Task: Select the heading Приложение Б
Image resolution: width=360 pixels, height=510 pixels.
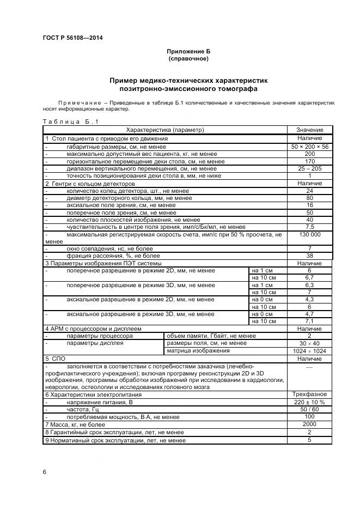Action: pyautogui.click(x=188, y=51)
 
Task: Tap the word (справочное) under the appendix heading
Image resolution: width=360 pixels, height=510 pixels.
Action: pyautogui.click(x=188, y=58)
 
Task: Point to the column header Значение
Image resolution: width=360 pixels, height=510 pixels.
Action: pyautogui.click(x=309, y=130)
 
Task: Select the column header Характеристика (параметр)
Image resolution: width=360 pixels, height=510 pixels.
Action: pyautogui.click(x=164, y=130)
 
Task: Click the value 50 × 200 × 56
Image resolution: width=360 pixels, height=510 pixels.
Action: pyautogui.click(x=309, y=147)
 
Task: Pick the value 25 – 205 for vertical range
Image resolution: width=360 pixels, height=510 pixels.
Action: pyautogui.click(x=309, y=169)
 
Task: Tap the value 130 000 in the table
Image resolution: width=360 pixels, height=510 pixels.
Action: pyautogui.click(x=309, y=234)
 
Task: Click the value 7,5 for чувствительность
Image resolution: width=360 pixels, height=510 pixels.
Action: pyautogui.click(x=309, y=227)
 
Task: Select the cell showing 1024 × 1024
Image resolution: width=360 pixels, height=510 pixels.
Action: pyautogui.click(x=309, y=351)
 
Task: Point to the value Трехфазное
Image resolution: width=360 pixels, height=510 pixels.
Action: pyautogui.click(x=309, y=394)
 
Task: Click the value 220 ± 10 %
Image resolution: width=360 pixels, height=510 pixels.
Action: pyautogui.click(x=309, y=402)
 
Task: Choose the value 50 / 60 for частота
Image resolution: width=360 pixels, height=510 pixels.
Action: pyautogui.click(x=309, y=409)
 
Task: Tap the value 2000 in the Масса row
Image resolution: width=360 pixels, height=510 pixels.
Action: pyautogui.click(x=309, y=424)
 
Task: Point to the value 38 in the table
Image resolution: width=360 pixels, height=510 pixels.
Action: pyautogui.click(x=309, y=256)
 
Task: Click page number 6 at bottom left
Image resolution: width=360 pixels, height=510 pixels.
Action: pyautogui.click(x=44, y=472)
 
